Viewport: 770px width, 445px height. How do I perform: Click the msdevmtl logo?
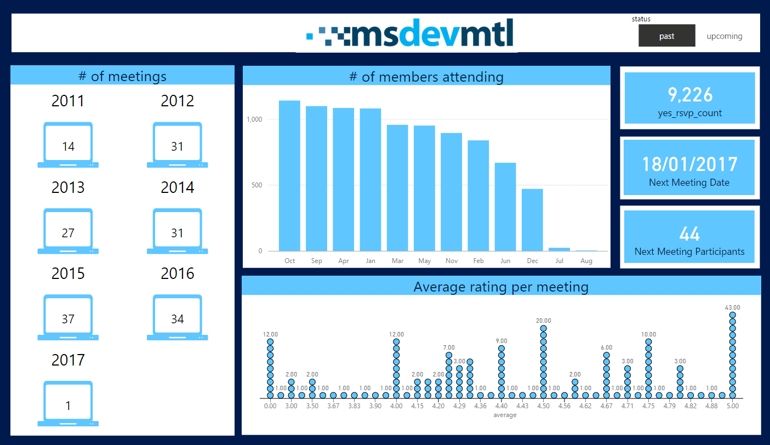[x=410, y=33]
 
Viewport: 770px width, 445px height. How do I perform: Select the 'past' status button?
[x=666, y=36]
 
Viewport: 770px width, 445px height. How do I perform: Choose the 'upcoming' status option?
[x=724, y=36]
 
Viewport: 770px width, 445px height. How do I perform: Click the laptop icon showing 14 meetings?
[x=68, y=145]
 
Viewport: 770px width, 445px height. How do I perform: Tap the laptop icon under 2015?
[x=68, y=317]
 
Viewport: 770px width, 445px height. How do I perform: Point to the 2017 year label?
[x=68, y=360]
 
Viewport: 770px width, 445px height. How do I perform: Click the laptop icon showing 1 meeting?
[x=68, y=404]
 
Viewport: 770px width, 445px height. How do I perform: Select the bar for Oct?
[x=289, y=175]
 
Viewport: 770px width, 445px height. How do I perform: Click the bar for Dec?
[x=532, y=220]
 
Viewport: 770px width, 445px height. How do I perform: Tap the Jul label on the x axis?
[x=559, y=261]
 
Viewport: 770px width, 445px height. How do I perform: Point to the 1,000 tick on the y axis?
[x=257, y=119]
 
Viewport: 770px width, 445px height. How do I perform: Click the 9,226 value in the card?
[x=689, y=95]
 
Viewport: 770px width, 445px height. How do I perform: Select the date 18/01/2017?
[x=689, y=164]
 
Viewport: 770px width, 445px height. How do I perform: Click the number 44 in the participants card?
[x=689, y=234]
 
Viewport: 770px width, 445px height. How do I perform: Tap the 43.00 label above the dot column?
[x=732, y=307]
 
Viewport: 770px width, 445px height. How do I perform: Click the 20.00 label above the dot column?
[x=543, y=321]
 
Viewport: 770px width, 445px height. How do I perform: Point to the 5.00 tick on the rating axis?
[x=732, y=406]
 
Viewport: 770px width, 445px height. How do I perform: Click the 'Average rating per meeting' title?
[x=501, y=287]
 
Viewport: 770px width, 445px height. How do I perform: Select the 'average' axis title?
[x=504, y=415]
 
